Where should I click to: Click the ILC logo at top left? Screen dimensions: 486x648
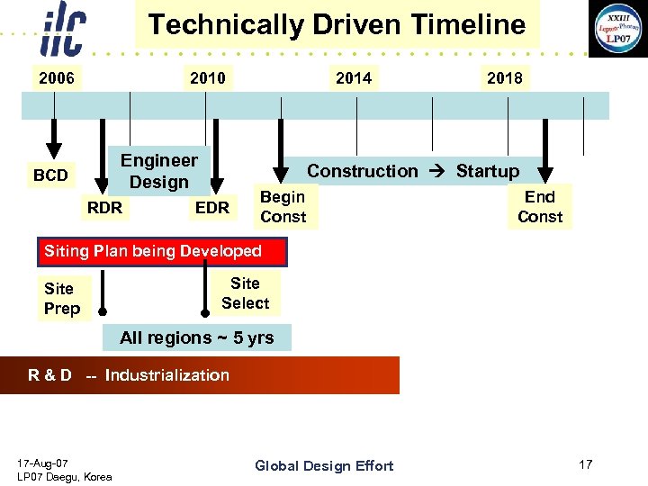tap(63, 31)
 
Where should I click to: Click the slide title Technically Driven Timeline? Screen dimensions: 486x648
tap(337, 24)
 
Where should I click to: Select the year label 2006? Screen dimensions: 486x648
tap(56, 78)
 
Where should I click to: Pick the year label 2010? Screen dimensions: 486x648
tap(208, 78)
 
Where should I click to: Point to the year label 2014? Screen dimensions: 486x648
tap(353, 78)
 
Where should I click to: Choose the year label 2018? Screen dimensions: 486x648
tap(504, 78)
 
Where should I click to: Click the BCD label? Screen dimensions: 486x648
tap(50, 175)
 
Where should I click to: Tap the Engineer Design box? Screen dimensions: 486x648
tap(159, 171)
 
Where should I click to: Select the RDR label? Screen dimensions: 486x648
tap(105, 208)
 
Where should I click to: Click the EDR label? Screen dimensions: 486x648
tap(212, 208)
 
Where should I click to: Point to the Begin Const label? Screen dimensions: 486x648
tap(283, 207)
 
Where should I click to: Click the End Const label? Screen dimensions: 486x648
tap(540, 207)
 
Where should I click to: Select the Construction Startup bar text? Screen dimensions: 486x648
tap(413, 171)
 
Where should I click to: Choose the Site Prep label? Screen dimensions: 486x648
tap(62, 299)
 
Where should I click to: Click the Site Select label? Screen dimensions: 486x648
tap(246, 293)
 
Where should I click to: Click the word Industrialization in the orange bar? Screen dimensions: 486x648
tap(167, 375)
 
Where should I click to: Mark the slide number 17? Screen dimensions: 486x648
tap(586, 464)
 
